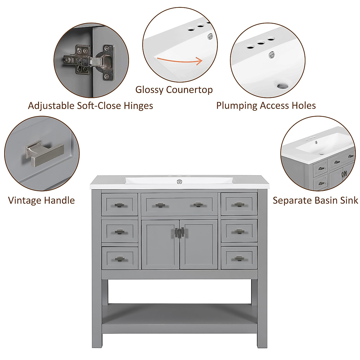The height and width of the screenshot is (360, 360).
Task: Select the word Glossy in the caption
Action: coord(149,89)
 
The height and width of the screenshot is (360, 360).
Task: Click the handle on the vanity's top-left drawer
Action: coord(119,205)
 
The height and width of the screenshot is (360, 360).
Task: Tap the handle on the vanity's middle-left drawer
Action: coord(119,232)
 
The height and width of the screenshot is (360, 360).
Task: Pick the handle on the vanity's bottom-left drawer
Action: coord(119,259)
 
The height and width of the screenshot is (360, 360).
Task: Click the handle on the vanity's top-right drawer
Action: coord(239,205)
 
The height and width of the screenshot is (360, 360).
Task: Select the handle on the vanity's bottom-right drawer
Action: coord(239,258)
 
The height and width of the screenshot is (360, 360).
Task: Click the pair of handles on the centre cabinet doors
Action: coord(179,232)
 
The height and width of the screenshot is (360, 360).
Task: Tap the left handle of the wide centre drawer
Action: coord(160,205)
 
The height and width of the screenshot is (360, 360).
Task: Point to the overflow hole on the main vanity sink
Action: coord(179,181)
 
